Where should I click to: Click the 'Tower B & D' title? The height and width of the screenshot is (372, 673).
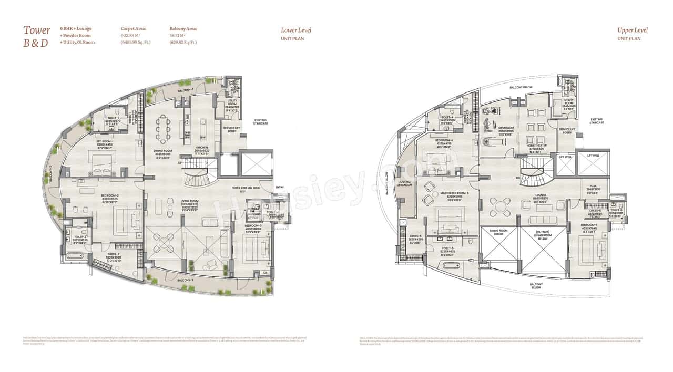(36, 36)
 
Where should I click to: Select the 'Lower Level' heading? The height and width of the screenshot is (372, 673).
(296, 30)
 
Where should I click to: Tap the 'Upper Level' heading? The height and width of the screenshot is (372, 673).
(633, 30)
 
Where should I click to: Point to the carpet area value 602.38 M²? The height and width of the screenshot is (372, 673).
(132, 36)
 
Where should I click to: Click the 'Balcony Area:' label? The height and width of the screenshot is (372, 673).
(183, 29)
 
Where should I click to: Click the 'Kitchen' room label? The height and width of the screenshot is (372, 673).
(202, 148)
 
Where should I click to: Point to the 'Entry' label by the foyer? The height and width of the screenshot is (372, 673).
(279, 187)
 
